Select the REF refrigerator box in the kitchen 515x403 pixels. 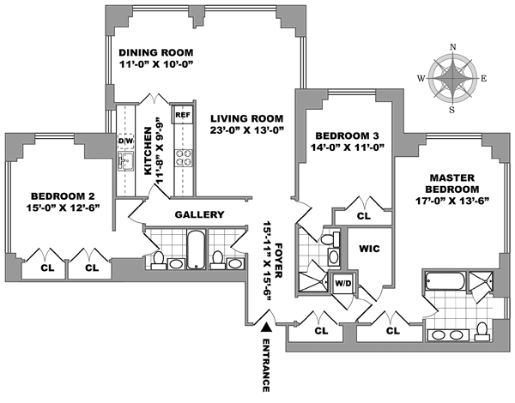pos(182,113)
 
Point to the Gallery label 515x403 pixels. pos(199,215)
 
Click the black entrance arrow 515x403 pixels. pos(268,327)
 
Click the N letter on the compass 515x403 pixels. pos(454,47)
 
